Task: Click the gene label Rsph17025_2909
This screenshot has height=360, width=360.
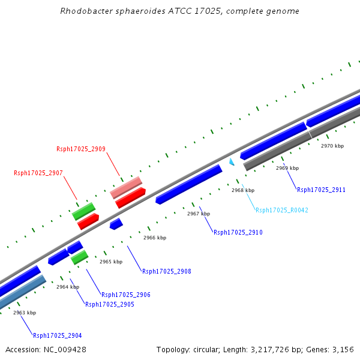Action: point(81,149)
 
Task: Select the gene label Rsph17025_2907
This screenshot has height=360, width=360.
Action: point(38,173)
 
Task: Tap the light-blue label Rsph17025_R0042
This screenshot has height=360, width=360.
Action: point(282,210)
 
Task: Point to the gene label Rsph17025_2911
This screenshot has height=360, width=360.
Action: point(321,190)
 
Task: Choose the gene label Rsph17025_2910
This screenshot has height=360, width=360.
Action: point(238,232)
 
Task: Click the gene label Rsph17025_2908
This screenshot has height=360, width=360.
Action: point(167,271)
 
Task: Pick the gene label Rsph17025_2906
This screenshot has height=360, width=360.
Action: point(126,295)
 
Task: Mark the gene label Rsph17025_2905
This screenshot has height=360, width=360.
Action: point(110,304)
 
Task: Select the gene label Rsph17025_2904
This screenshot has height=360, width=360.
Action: point(58,335)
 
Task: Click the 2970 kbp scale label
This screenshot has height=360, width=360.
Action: point(332,146)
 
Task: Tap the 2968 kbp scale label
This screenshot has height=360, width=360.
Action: point(243,190)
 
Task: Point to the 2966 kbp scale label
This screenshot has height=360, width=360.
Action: point(155,238)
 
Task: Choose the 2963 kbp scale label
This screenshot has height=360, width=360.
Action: point(25,313)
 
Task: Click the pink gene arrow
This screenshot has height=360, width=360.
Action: point(126,187)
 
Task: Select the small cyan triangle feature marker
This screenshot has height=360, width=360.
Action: point(232,161)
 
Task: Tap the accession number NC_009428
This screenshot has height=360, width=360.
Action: point(64,349)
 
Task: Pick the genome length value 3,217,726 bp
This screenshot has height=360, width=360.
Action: point(278,349)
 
